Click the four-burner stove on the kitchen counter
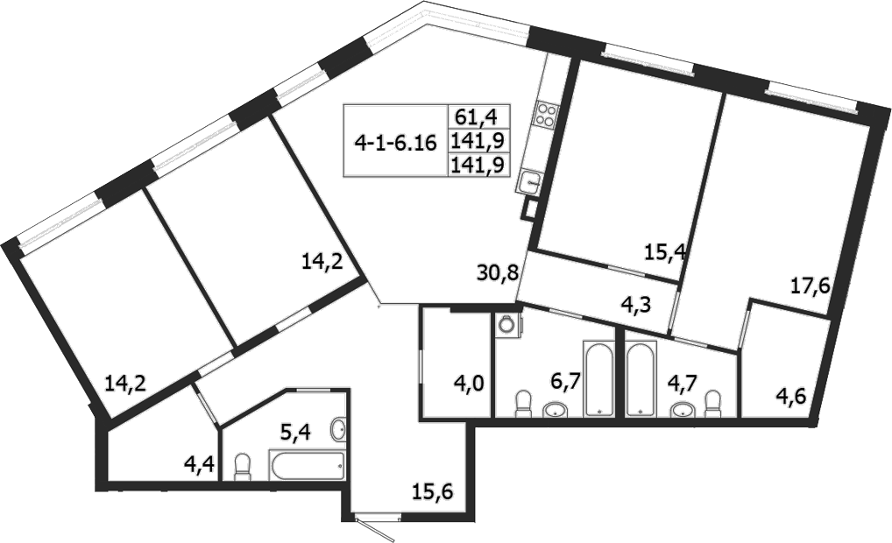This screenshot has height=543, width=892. (x=547, y=116)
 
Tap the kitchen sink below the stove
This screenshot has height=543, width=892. (x=530, y=180)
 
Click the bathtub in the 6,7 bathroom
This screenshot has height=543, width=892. (x=600, y=379)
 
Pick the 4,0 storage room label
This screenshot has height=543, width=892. (x=454, y=382)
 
